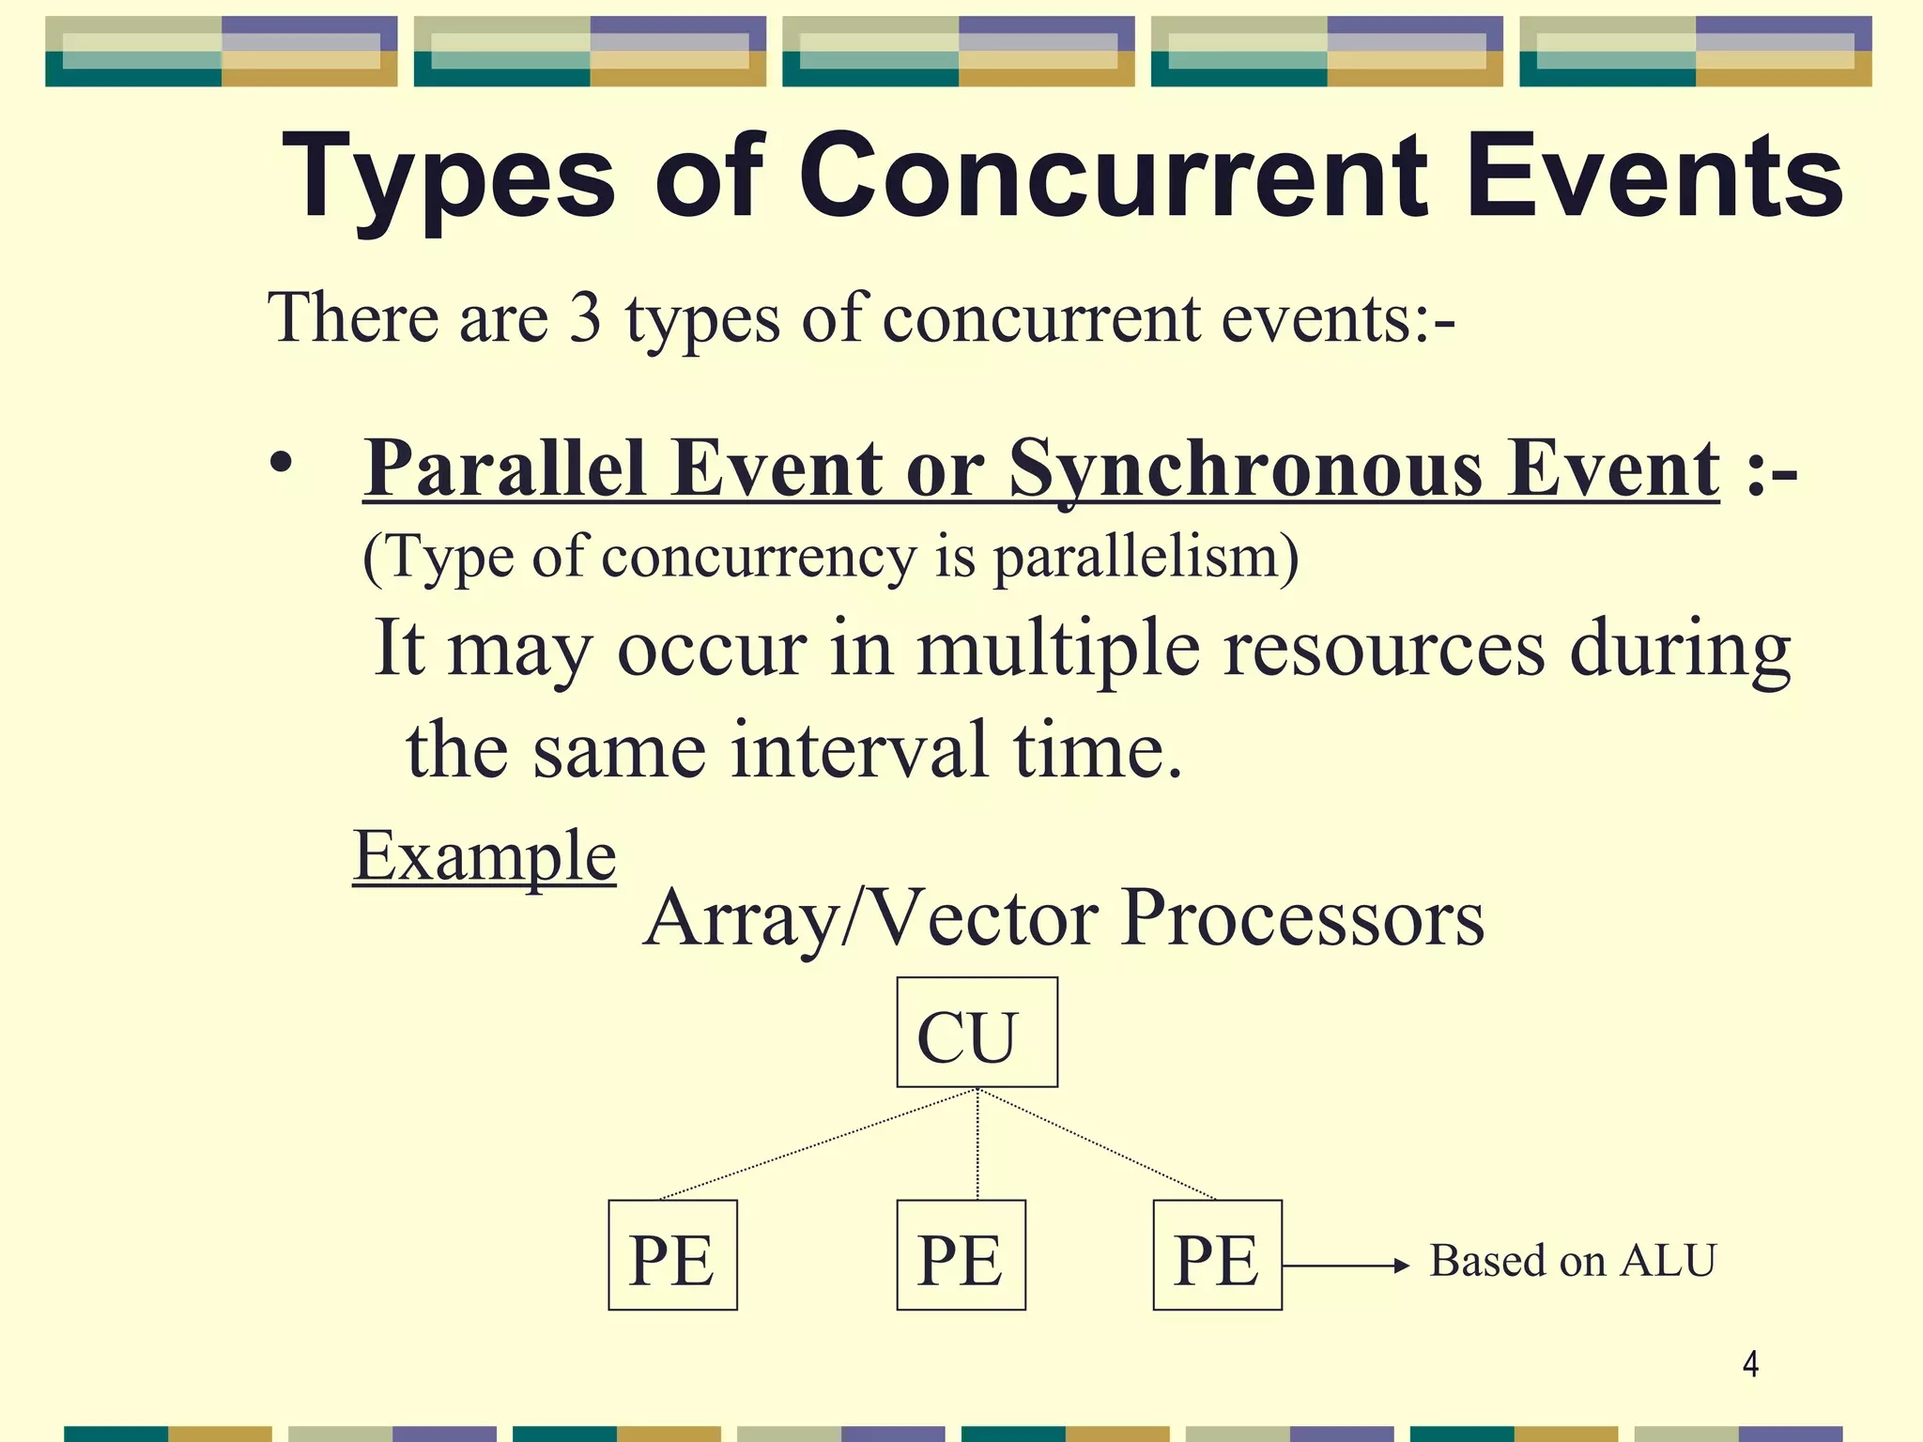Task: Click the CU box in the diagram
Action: point(977,1032)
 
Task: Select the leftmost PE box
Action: point(672,1255)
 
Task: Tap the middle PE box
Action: point(961,1255)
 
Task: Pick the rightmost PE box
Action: point(1217,1255)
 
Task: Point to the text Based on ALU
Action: point(1573,1261)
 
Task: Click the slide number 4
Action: point(1750,1363)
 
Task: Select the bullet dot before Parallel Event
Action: point(280,464)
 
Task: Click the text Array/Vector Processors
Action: point(1064,917)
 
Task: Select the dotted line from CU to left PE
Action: point(817,1144)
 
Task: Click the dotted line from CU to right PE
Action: point(1097,1144)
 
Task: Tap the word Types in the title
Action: point(448,178)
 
